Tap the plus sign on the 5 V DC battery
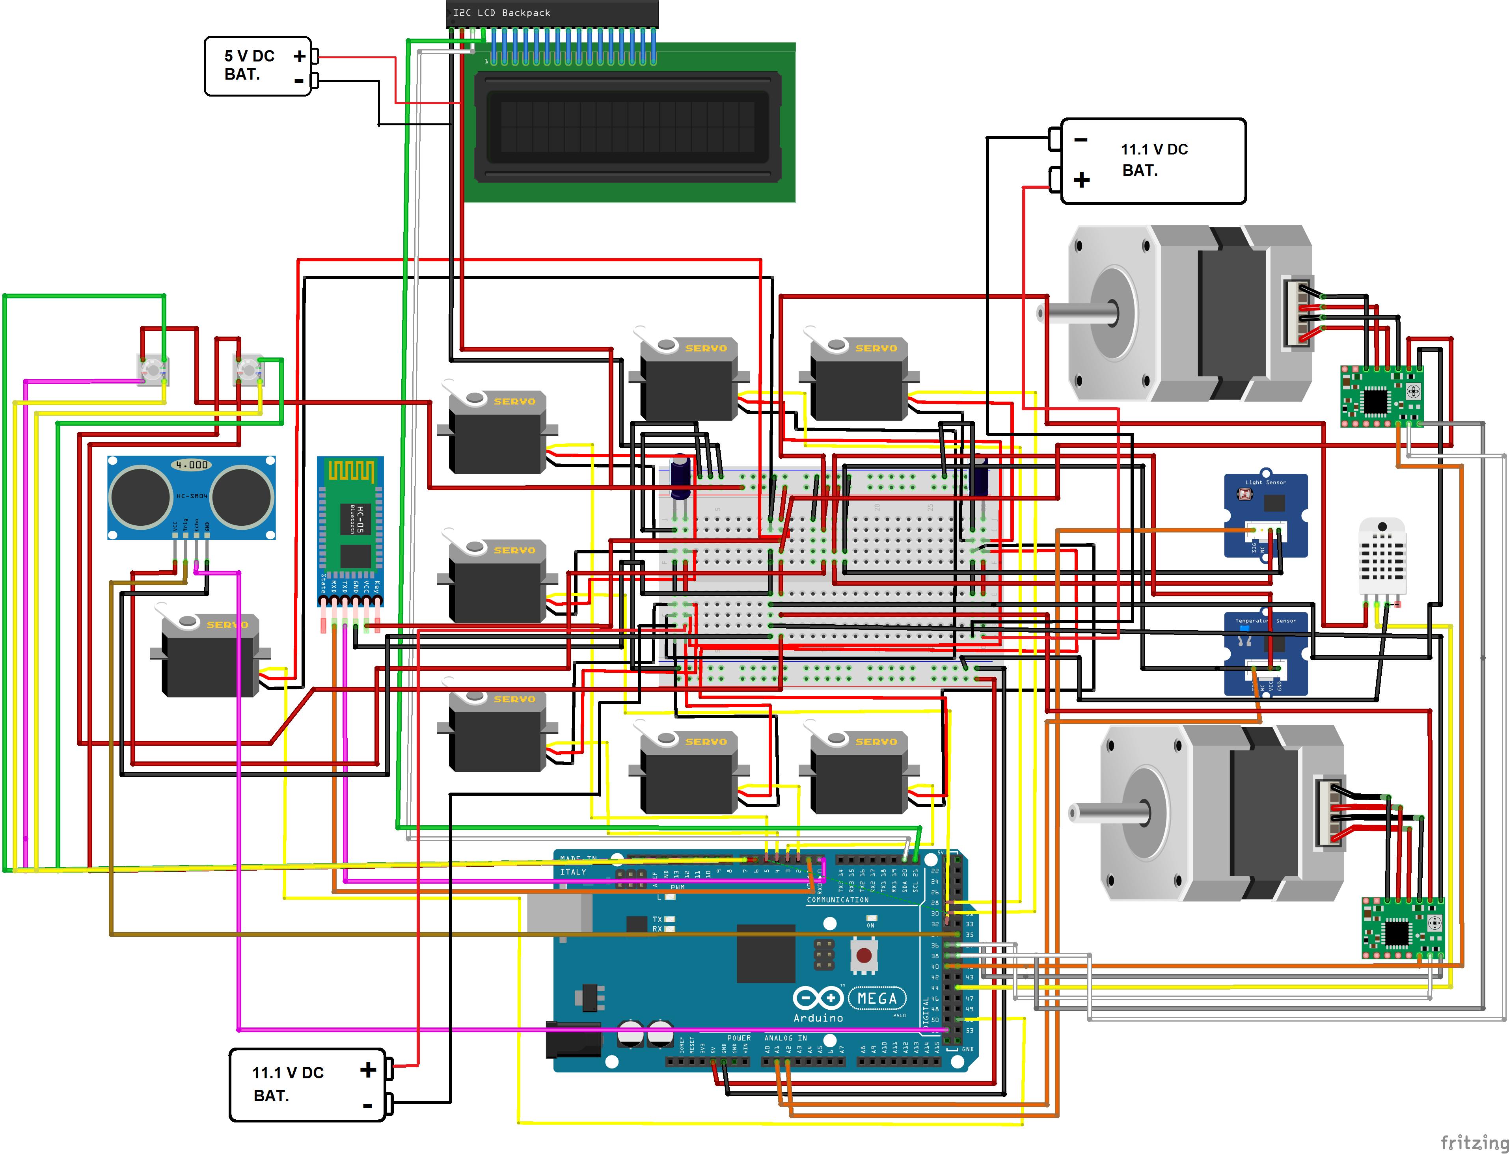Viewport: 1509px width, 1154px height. tap(300, 56)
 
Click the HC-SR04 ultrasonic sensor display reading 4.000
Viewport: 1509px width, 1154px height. tap(192, 465)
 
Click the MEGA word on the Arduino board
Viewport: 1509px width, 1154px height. tap(877, 998)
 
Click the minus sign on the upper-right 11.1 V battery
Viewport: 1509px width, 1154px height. tap(1081, 140)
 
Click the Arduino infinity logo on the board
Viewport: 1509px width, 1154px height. tap(818, 998)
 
